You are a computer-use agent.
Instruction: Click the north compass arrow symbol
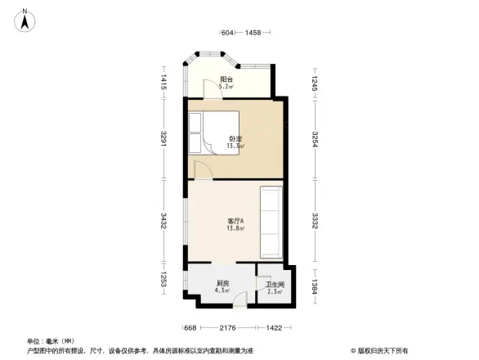pos(26,20)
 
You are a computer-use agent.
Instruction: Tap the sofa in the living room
pos(271,222)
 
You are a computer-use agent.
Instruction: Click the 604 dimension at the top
pos(228,33)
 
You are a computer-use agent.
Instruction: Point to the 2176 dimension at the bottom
pos(229,328)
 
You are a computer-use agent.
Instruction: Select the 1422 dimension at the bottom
pos(274,328)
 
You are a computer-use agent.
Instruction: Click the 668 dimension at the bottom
pos(190,328)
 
